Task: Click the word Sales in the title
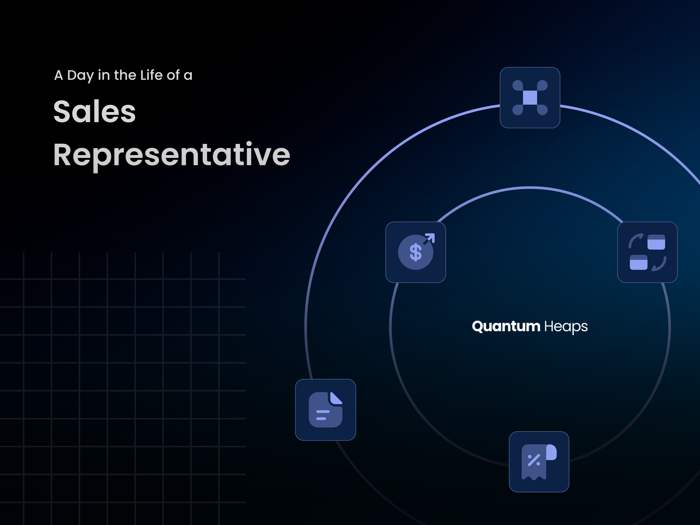(x=95, y=111)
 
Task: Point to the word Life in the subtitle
(x=152, y=75)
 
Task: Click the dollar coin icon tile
(x=415, y=252)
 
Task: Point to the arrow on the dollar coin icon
(x=429, y=239)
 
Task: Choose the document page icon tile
(x=325, y=410)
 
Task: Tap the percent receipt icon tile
(x=539, y=462)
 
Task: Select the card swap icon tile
(x=647, y=252)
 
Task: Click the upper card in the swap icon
(x=656, y=242)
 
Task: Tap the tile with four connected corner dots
(x=530, y=97)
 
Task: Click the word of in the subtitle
(x=173, y=75)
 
